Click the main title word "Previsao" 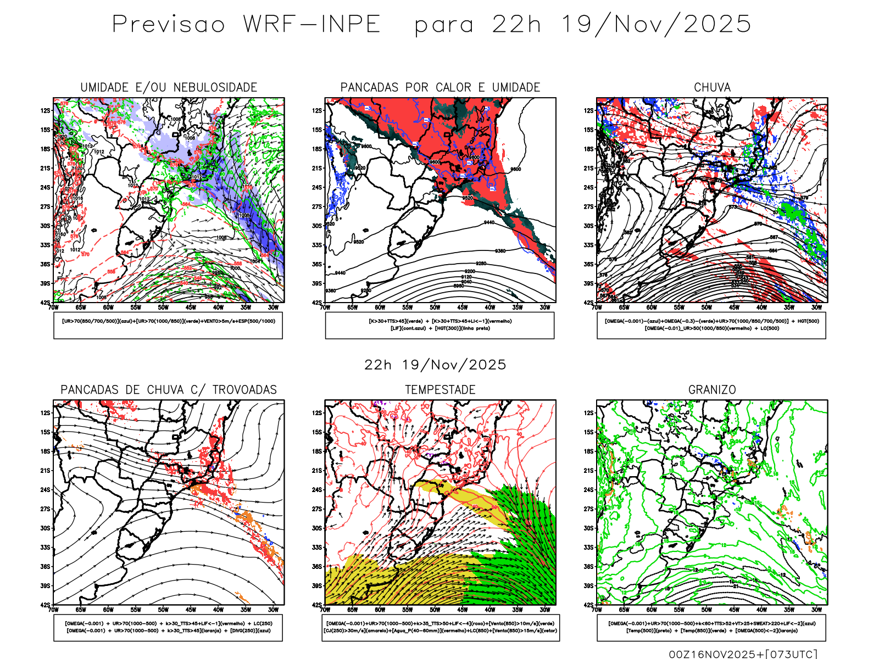point(169,25)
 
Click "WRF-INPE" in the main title point(312,25)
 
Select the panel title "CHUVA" point(712,87)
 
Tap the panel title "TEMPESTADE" point(440,390)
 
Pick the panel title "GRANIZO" point(712,390)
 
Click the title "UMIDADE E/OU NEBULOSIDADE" point(169,87)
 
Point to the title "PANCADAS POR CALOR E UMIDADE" point(440,87)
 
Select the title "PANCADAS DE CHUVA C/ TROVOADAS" point(169,390)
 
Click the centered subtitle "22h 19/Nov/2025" point(435,365)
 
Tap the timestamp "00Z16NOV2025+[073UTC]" point(743,654)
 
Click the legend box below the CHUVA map point(711,325)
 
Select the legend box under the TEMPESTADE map point(440,627)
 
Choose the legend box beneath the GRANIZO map point(711,627)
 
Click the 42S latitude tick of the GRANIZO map point(589,605)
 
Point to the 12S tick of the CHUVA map point(589,110)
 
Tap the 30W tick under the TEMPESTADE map point(544,610)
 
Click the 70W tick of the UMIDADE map point(53,308)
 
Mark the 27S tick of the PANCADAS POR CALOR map point(318,206)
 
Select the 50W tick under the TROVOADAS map point(163,610)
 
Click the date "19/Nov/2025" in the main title point(656,25)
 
